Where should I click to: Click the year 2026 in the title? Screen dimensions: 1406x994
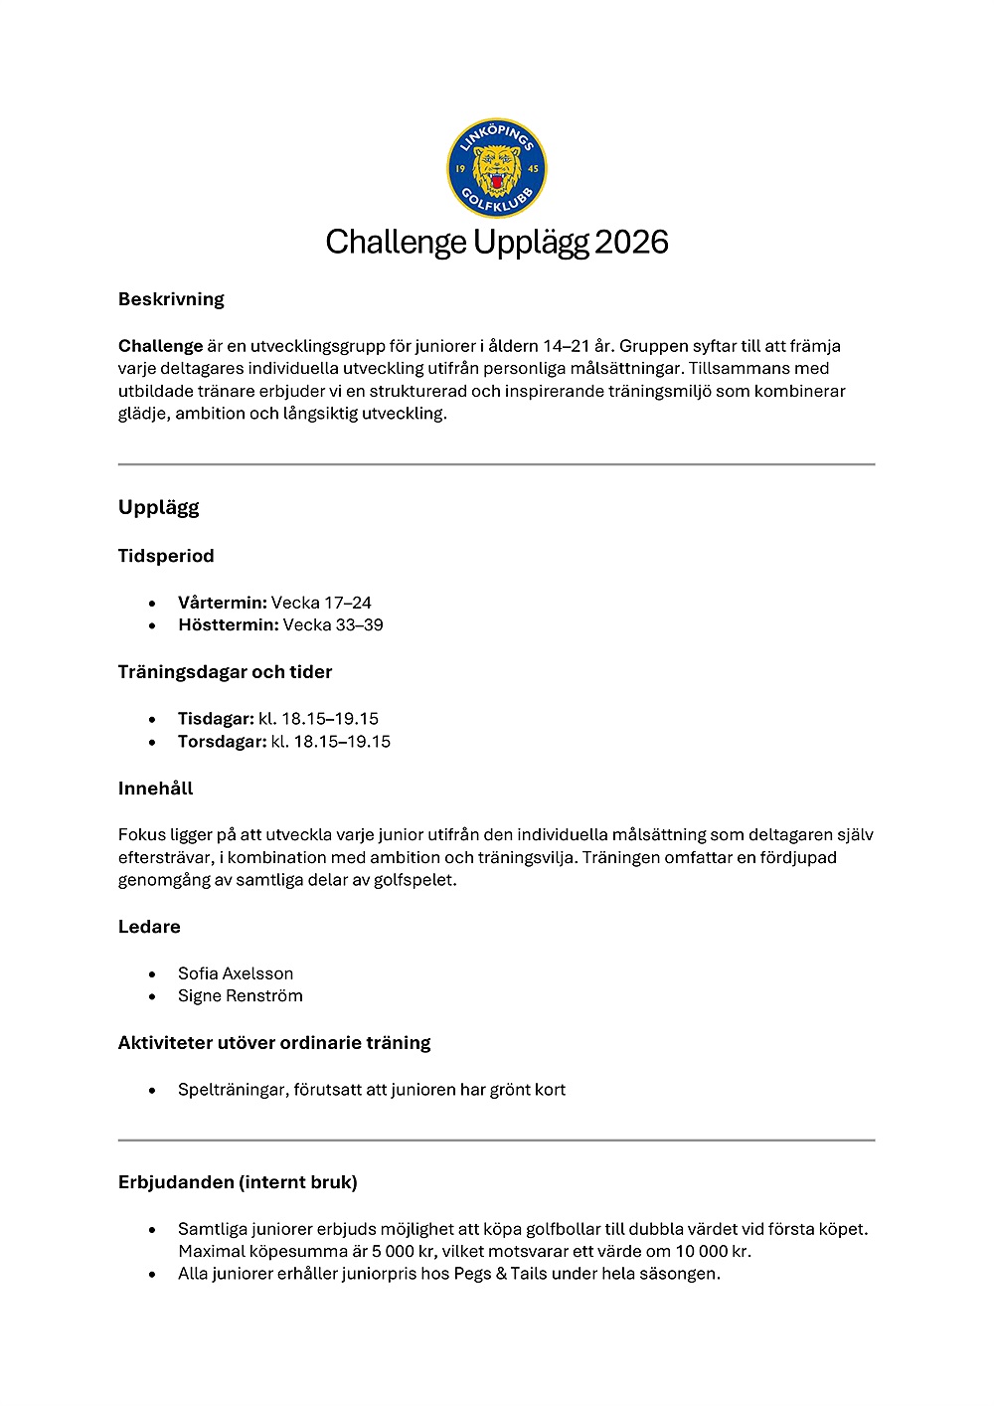(631, 242)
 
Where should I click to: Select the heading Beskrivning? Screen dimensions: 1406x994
(171, 299)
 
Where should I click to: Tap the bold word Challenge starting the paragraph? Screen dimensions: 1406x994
(160, 346)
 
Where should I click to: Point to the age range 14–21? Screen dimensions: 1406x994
(566, 346)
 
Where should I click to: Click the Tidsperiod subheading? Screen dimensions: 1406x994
(166, 556)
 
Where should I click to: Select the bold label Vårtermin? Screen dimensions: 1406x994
(223, 603)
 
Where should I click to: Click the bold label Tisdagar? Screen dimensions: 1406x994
(216, 719)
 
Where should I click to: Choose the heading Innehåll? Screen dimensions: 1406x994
(155, 789)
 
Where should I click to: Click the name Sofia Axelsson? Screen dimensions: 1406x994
(236, 973)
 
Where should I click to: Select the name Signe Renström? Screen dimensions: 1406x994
(241, 996)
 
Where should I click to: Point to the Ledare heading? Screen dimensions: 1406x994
(149, 927)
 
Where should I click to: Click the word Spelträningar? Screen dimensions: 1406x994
(233, 1090)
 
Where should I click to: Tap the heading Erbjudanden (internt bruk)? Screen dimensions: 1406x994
(238, 1182)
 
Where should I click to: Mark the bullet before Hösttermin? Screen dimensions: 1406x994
(152, 626)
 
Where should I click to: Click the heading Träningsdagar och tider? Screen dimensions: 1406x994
(225, 672)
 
